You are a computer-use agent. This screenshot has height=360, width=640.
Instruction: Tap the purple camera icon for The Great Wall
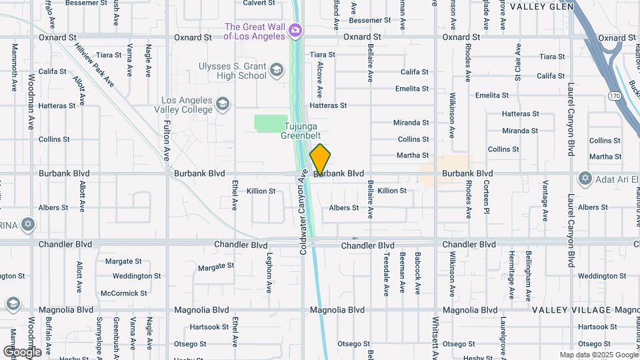tap(295, 30)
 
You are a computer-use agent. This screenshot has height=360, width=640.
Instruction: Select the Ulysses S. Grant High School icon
tap(276, 70)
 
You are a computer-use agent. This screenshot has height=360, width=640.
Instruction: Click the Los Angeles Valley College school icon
tap(223, 104)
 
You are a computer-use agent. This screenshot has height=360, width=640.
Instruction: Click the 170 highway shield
tap(614, 97)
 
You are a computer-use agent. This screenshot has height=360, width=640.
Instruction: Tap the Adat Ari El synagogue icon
tap(585, 178)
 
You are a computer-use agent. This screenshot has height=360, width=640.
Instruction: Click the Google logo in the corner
tap(21, 351)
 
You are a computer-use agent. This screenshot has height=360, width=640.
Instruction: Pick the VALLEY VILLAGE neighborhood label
tap(571, 310)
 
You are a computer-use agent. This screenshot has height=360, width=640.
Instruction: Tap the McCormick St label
tap(124, 293)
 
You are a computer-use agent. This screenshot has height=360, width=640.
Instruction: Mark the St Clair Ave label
tap(517, 63)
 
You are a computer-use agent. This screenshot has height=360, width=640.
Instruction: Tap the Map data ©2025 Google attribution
tap(598, 355)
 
